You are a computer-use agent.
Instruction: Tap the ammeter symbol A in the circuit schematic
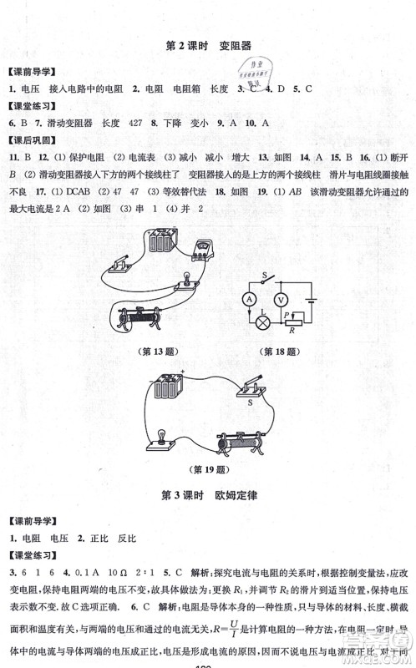pos(248,298)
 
